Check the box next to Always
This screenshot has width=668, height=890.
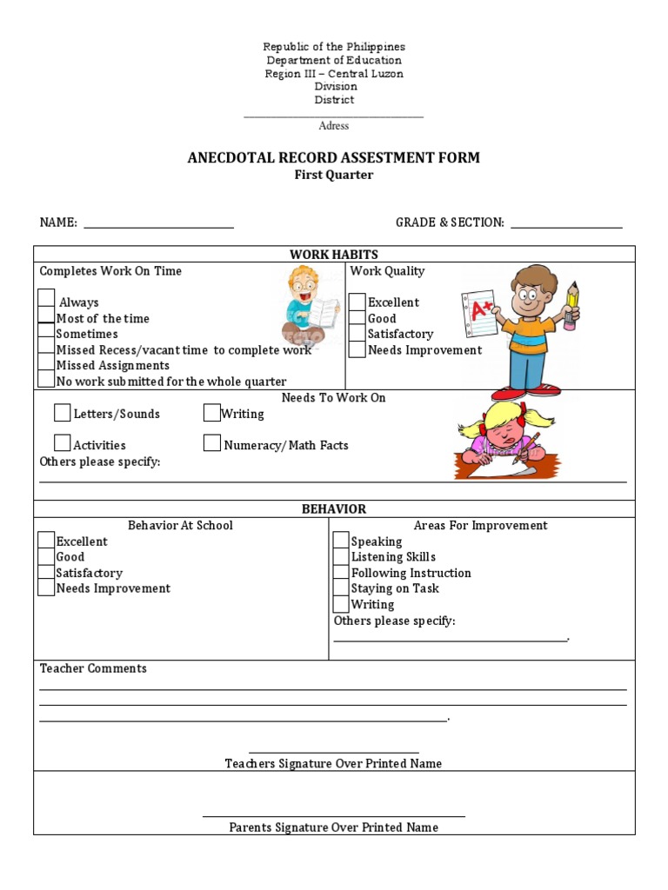(x=46, y=298)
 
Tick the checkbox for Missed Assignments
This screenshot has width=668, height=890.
(x=46, y=364)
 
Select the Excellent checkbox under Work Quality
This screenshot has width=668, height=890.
(x=357, y=302)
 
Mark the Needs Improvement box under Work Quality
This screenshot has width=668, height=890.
(x=357, y=349)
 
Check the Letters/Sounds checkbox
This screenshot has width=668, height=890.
(x=63, y=412)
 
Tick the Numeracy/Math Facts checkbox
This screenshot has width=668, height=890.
(x=211, y=443)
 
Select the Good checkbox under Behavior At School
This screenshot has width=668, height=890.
(x=46, y=556)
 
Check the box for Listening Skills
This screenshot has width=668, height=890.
(x=341, y=556)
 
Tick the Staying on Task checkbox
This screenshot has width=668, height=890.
(x=341, y=588)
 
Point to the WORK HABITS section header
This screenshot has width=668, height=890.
(x=334, y=254)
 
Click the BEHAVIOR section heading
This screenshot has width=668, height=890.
(x=334, y=508)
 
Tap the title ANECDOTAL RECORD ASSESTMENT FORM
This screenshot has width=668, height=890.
(x=334, y=157)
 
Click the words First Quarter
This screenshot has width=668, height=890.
(x=334, y=175)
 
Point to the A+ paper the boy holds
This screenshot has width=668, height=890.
(x=478, y=313)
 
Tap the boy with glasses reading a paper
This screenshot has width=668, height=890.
(x=306, y=304)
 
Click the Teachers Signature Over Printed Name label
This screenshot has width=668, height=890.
(x=333, y=763)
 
